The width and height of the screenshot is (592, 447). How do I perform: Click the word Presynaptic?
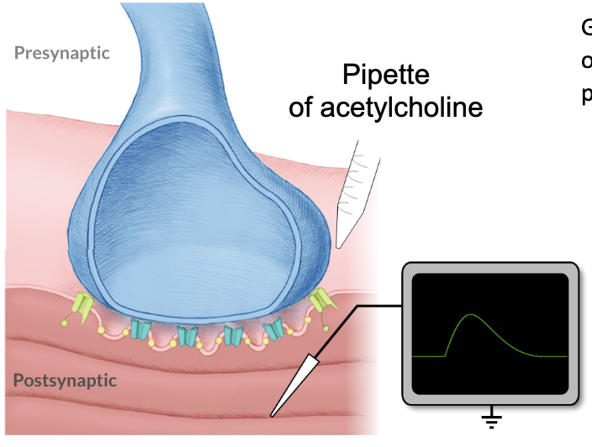(62, 53)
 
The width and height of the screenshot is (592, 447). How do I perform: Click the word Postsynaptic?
(65, 380)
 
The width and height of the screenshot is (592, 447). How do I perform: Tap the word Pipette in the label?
(385, 76)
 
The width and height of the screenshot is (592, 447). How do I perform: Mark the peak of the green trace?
(471, 315)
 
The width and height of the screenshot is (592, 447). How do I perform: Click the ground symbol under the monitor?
(491, 417)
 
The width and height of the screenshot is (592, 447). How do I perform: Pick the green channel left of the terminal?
(82, 303)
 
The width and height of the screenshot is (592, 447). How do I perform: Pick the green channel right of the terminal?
(320, 301)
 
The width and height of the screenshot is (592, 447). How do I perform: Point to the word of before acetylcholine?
(300, 108)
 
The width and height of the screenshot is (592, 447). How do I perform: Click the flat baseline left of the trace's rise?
(429, 356)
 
